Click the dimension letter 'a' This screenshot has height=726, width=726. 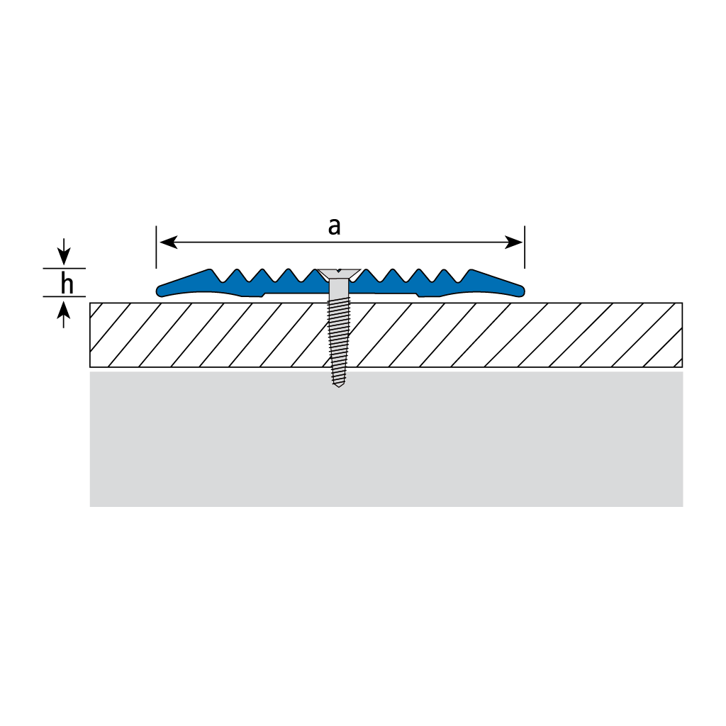tap(335, 227)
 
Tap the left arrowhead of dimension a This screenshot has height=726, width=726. tap(169, 242)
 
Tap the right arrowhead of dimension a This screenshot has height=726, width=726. tap(514, 242)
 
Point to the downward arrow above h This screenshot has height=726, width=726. tap(64, 252)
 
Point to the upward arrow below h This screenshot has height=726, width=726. tap(64, 313)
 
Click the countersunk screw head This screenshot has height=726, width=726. tap(339, 274)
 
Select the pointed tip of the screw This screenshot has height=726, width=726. tap(339, 386)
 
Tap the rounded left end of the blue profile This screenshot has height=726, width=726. tap(160, 291)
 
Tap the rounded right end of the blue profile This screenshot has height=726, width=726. tap(521, 291)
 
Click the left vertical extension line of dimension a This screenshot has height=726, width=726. tap(157, 247)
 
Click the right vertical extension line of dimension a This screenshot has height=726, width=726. tap(525, 247)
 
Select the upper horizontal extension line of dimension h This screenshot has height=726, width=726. tap(65, 268)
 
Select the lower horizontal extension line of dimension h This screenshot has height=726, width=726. tap(65, 296)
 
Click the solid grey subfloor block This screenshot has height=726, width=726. tap(386, 439)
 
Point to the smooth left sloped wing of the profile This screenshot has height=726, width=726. tap(185, 284)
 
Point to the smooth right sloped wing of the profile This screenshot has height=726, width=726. tap(496, 284)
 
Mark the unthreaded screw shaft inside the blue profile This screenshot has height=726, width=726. tap(339, 289)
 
